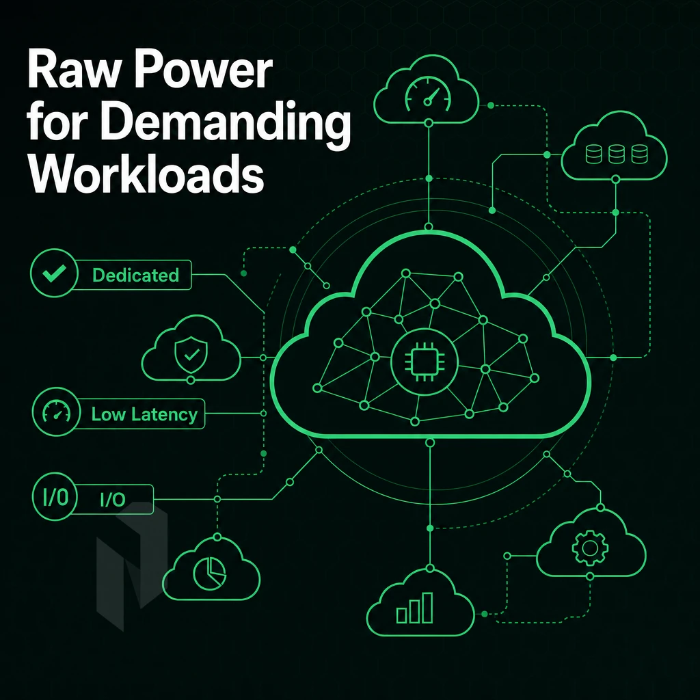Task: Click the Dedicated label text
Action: [x=136, y=275]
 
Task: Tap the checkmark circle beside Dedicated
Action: [x=54, y=273]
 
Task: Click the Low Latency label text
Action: [x=144, y=414]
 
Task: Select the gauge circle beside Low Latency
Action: [x=56, y=412]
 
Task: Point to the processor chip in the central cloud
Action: [x=424, y=362]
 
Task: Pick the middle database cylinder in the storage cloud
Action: [x=617, y=154]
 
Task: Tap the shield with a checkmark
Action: [x=191, y=355]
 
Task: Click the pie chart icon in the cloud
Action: [x=209, y=573]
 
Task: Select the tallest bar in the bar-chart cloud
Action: [x=428, y=607]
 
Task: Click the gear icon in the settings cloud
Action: [x=590, y=548]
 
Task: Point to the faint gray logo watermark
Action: [x=132, y=566]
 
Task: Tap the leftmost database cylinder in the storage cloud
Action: [x=593, y=154]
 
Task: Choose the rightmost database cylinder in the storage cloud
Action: [x=640, y=154]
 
